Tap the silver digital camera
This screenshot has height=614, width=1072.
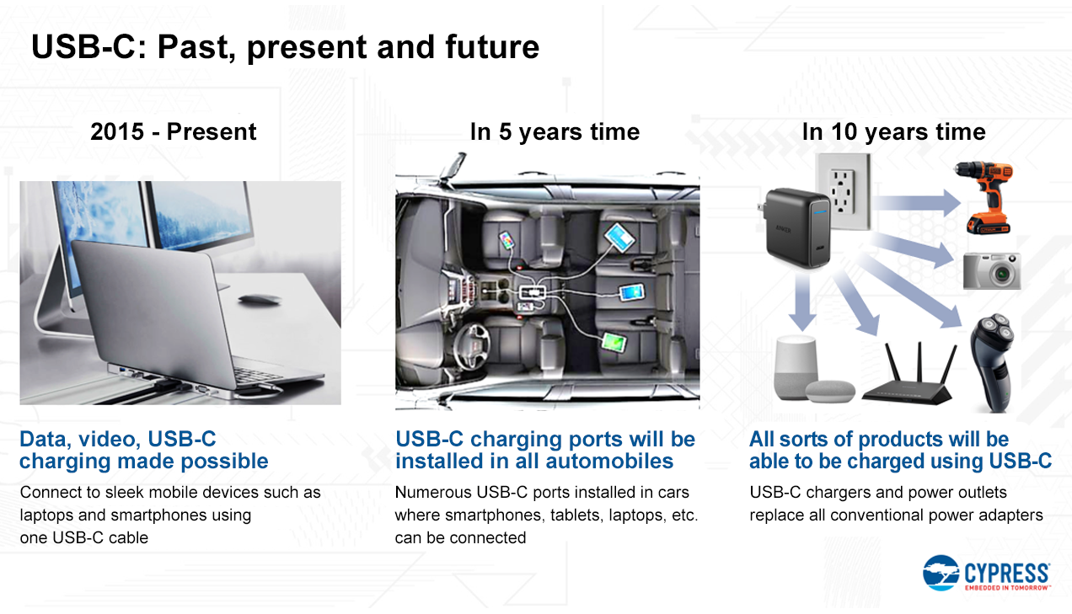[992, 271]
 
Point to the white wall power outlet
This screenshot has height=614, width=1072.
[844, 191]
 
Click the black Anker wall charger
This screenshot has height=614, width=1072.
[796, 228]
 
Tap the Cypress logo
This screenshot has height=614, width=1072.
[986, 573]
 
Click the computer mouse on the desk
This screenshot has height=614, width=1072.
[260, 299]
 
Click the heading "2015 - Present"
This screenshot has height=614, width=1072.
[174, 131]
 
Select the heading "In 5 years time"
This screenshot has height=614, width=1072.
[555, 132]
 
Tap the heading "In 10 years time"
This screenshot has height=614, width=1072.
[893, 132]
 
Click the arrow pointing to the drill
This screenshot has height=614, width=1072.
[916, 203]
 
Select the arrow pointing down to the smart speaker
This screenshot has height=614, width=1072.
[802, 301]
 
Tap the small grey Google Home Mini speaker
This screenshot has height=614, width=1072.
[830, 392]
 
